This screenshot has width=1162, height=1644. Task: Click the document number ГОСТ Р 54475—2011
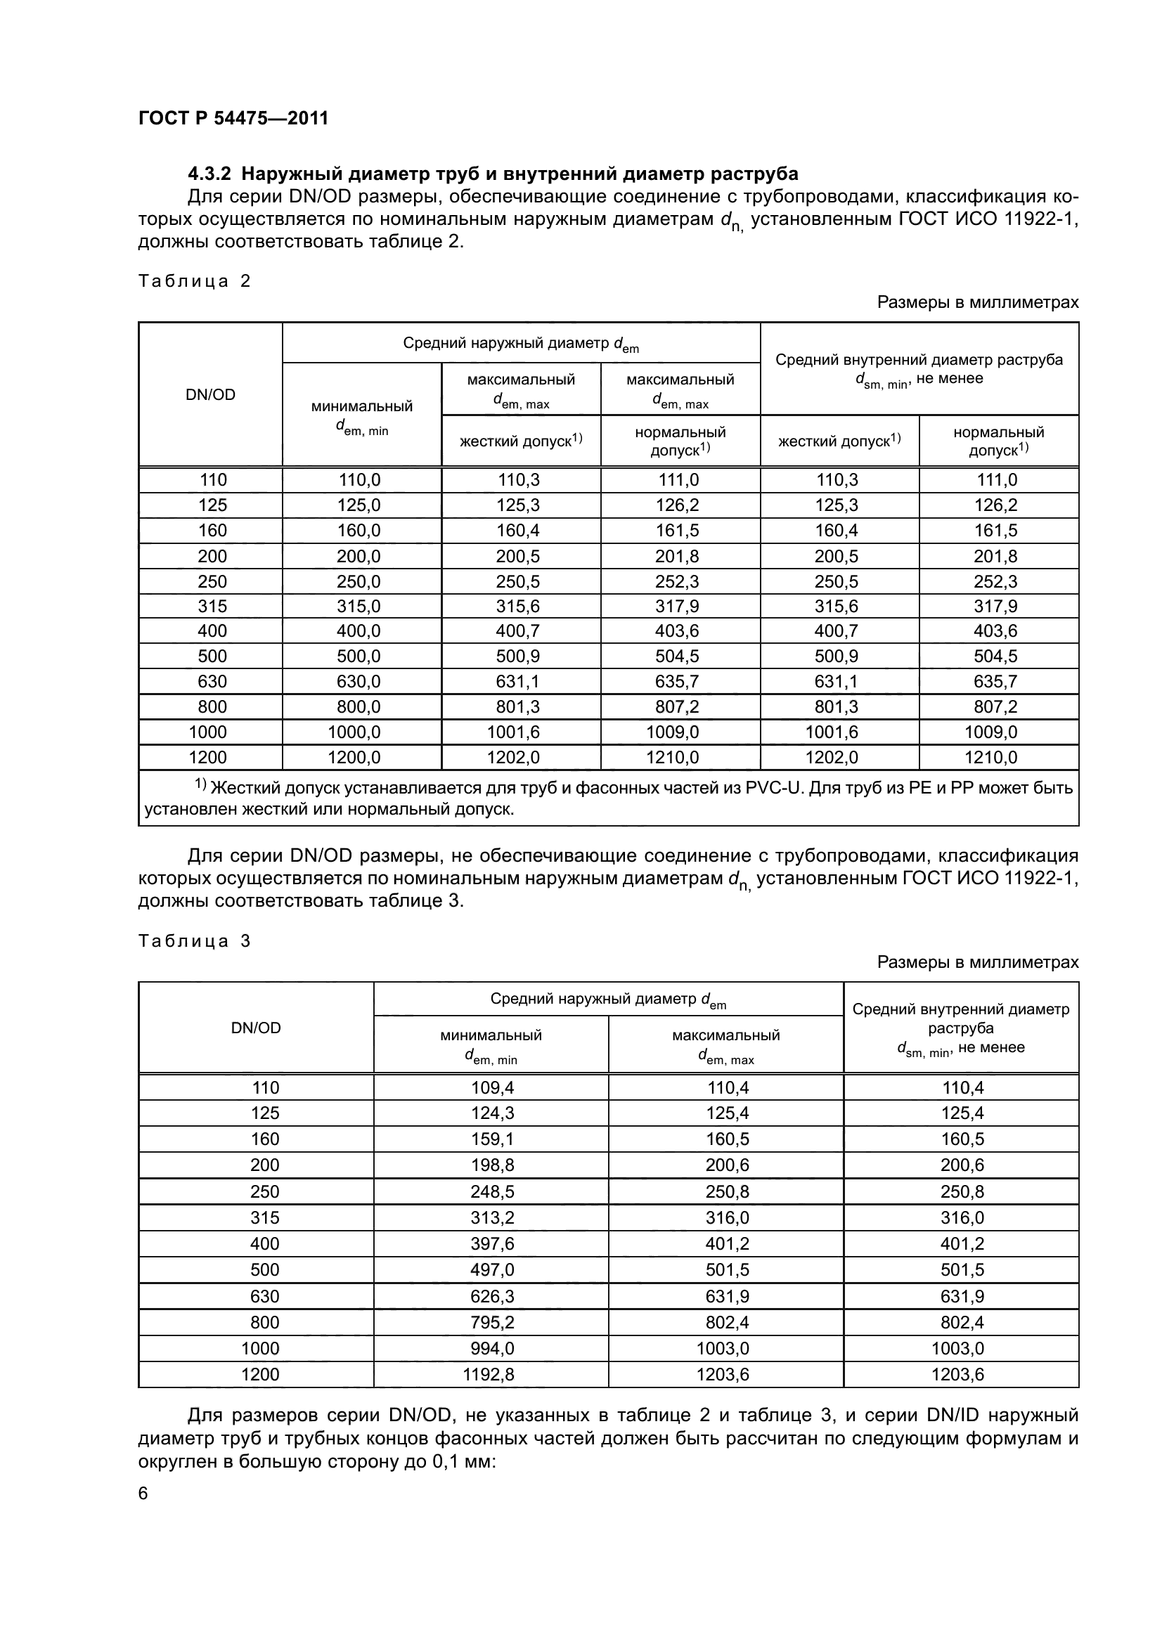pos(233,118)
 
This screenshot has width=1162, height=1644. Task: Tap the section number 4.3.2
pos(211,174)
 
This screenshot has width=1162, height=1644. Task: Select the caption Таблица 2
pos(194,280)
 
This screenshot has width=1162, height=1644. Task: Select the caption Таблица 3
pos(194,941)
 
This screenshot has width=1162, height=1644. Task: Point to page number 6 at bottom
pos(143,1493)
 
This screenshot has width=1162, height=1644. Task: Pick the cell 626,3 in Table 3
pos(492,1296)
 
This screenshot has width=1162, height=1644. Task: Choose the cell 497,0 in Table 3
pos(492,1270)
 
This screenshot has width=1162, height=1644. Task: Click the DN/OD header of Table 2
pos(210,394)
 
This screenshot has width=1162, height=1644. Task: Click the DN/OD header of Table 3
pos(256,1028)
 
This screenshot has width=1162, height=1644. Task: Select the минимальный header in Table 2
pos(361,407)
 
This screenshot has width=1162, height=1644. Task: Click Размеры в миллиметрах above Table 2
pos(977,302)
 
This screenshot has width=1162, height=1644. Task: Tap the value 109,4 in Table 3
pos(492,1087)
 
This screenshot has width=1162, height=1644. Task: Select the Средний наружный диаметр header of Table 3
pos(608,999)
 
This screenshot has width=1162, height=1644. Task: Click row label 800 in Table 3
pos(264,1322)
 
